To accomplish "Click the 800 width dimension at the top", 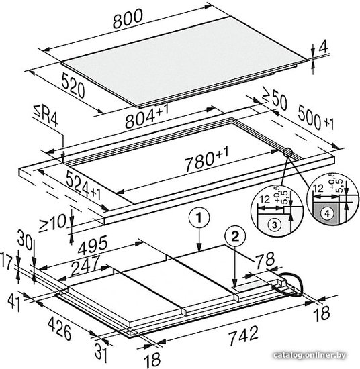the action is point(128,18).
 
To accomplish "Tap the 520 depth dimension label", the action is point(73,85).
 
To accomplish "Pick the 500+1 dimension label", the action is point(316,118).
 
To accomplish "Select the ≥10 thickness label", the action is point(53,223).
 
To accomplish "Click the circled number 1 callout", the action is point(199,217).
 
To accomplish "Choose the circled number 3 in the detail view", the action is point(274,225).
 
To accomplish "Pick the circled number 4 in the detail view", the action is point(327,213).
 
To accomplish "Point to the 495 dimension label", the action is point(93,246).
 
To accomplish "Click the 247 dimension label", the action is point(85,266).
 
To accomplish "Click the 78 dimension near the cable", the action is point(265,260).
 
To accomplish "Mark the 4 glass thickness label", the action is point(324,47).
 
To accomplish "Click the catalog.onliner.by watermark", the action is point(310,355).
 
